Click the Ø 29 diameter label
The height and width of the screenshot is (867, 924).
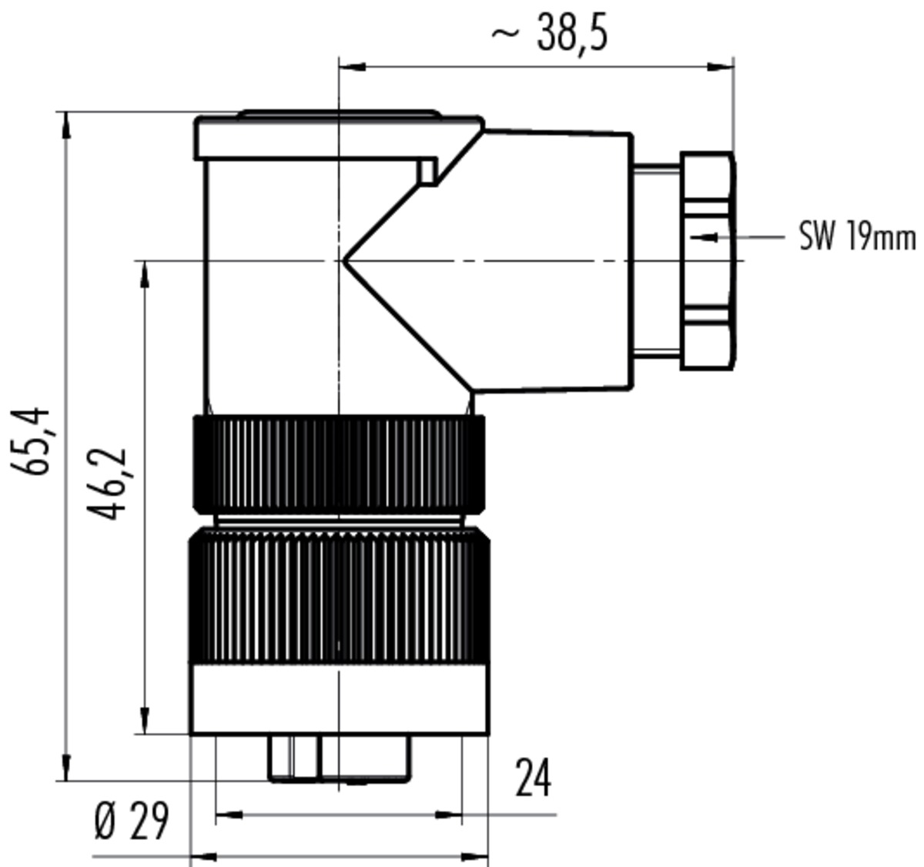tap(132, 822)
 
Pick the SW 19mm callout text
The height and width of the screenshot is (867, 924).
tap(857, 236)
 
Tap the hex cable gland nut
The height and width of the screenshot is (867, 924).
tap(708, 260)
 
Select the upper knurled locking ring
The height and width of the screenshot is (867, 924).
tap(339, 464)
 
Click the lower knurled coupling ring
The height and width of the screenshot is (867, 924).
tap(339, 595)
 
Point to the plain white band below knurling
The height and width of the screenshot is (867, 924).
tap(339, 699)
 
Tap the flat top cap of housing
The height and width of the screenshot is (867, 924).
tap(339, 136)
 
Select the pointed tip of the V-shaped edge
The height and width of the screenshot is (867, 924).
tap(343, 260)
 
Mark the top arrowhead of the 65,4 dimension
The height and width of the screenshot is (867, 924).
tap(66, 126)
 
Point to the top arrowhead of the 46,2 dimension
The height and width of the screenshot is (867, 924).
tap(145, 275)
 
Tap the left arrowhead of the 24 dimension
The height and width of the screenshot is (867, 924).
tap(229, 815)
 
